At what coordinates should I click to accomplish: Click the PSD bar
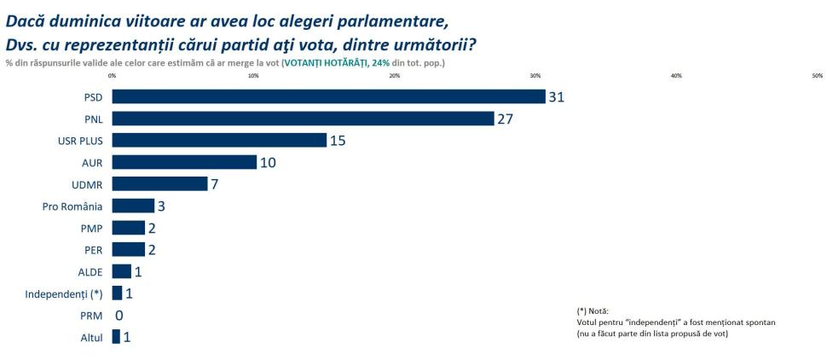pyautogui.click(x=328, y=96)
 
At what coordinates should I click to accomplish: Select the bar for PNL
pyautogui.click(x=303, y=119)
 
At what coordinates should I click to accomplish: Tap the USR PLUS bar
pyautogui.click(x=219, y=140)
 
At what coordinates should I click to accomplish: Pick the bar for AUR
pyautogui.click(x=184, y=162)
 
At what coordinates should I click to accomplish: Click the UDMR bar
pyautogui.click(x=159, y=183)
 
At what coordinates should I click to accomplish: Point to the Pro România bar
pyautogui.click(x=133, y=206)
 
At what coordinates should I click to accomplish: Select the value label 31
pyautogui.click(x=557, y=97)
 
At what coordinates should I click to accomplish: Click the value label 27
pyautogui.click(x=506, y=119)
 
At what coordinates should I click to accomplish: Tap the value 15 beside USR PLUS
pyautogui.click(x=338, y=140)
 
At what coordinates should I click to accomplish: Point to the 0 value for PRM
pyautogui.click(x=119, y=316)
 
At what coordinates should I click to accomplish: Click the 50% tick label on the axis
pyautogui.click(x=817, y=76)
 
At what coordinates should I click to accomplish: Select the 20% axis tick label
pyautogui.click(x=395, y=76)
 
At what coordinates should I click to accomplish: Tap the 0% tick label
pyautogui.click(x=113, y=76)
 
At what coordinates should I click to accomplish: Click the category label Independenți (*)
pyautogui.click(x=63, y=294)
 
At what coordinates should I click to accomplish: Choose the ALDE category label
pyautogui.click(x=90, y=272)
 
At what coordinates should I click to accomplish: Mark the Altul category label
pyautogui.click(x=90, y=338)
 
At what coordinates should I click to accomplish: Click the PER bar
pyautogui.click(x=129, y=249)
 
